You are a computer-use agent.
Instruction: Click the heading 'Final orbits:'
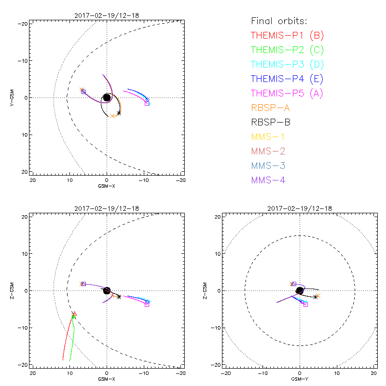tap(279, 21)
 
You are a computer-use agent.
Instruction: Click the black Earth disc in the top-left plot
tap(107, 98)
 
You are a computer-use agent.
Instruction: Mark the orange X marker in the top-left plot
tap(112, 116)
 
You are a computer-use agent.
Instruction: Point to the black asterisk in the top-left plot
tap(119, 113)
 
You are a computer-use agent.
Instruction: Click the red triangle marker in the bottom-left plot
tap(74, 314)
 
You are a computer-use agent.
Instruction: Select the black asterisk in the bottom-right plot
tap(315, 297)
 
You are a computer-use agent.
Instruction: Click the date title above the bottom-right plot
tap(300, 208)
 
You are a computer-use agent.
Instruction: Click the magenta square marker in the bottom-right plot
tap(305, 304)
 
